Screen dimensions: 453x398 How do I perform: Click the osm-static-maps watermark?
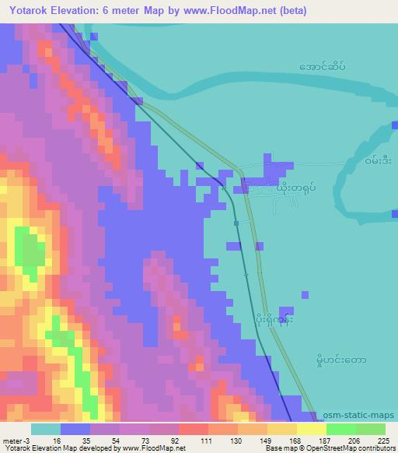(x=358, y=415)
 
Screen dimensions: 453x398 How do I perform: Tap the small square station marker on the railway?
(x=236, y=223)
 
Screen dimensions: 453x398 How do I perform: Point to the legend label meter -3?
(x=16, y=441)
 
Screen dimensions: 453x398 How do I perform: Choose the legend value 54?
(x=106, y=441)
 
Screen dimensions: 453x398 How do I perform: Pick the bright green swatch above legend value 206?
(x=340, y=429)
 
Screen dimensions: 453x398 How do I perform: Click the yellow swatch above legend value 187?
(x=311, y=429)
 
